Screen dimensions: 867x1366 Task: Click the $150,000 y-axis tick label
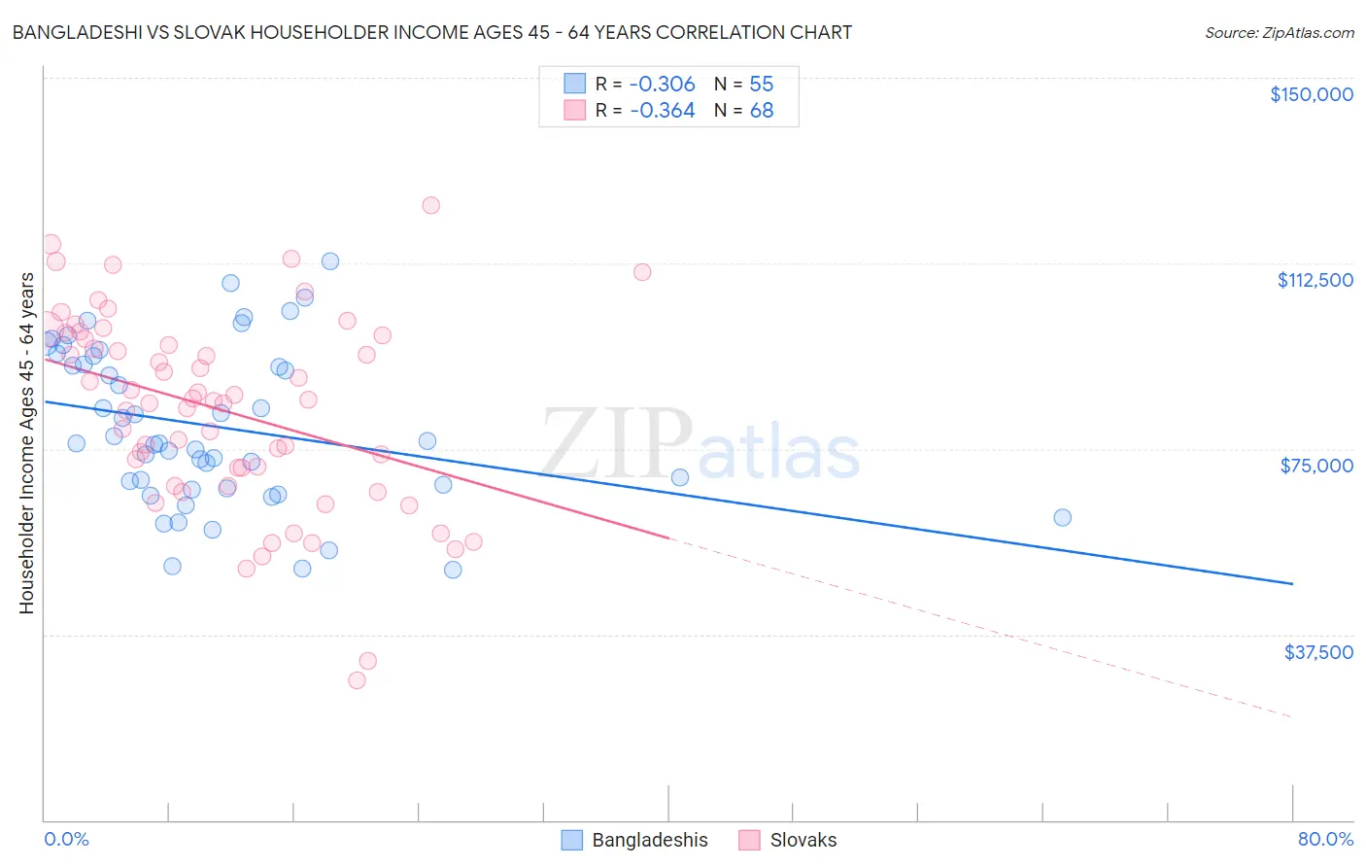(x=1311, y=94)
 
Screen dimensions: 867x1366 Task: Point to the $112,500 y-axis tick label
(x=1315, y=280)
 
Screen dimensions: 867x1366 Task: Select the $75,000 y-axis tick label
(x=1316, y=466)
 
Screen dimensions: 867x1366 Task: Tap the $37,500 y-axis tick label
(x=1318, y=652)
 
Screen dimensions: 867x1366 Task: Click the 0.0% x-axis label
(x=66, y=840)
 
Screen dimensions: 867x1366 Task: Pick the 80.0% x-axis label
(x=1325, y=840)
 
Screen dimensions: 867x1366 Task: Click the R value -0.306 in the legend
(x=662, y=84)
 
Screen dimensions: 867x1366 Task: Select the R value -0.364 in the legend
(x=662, y=111)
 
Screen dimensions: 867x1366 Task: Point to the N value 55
(x=761, y=84)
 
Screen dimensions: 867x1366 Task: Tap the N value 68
(x=761, y=111)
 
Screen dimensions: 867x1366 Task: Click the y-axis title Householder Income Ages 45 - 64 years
(x=27, y=443)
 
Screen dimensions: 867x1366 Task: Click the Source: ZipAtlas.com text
(x=1279, y=33)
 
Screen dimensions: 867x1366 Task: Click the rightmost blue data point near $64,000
(x=1062, y=517)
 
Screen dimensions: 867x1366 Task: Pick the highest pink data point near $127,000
(x=430, y=205)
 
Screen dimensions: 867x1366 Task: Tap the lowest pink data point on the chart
(x=357, y=680)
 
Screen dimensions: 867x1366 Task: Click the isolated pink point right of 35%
(x=642, y=272)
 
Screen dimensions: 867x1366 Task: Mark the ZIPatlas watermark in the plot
(x=700, y=446)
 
